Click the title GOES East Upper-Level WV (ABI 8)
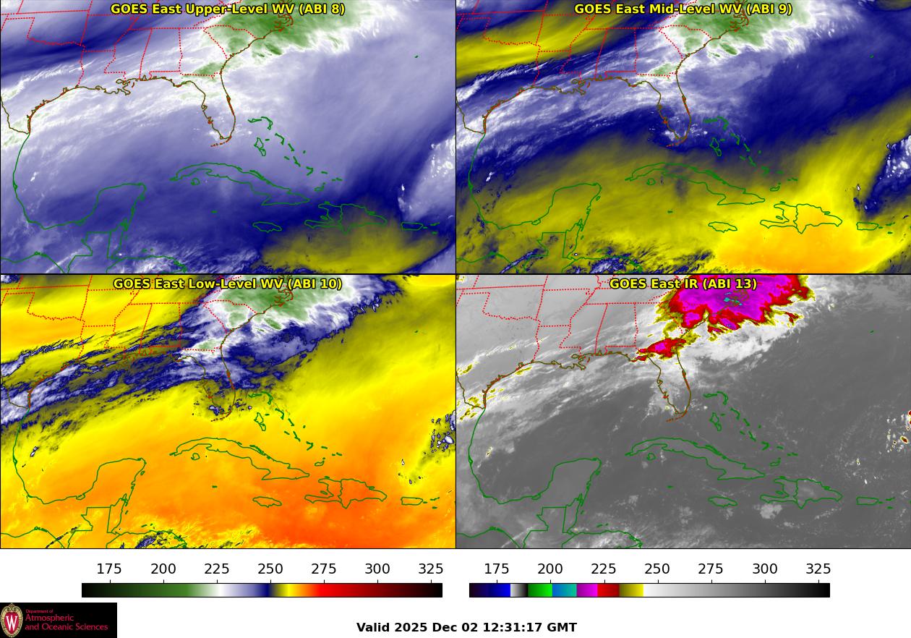click(227, 9)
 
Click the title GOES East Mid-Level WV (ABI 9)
click(683, 9)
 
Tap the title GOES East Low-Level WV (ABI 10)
click(227, 284)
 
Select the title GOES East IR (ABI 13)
click(683, 284)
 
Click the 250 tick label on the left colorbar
click(271, 569)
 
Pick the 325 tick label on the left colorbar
click(431, 569)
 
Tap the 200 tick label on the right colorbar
click(550, 569)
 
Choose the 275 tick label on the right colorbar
click(711, 569)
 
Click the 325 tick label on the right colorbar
click(818, 569)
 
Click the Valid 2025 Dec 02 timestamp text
click(466, 627)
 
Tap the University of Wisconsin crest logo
click(12, 620)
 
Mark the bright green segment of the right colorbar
click(539, 590)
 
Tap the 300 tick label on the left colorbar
click(378, 569)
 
